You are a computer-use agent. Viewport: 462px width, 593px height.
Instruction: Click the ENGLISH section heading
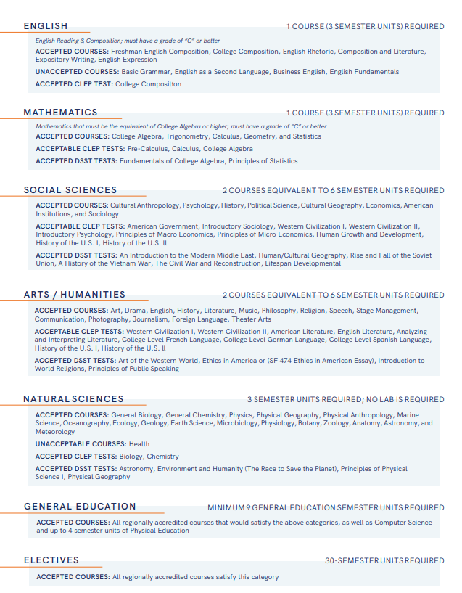[x=46, y=26]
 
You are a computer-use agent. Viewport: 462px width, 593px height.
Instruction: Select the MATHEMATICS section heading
[x=60, y=113]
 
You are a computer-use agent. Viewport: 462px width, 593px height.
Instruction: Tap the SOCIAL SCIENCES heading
[x=70, y=190]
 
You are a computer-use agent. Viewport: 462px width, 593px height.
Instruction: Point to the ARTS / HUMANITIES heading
[x=74, y=295]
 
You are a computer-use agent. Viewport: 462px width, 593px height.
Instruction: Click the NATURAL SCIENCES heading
[x=73, y=399]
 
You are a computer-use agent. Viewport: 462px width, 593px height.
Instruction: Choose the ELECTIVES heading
[x=51, y=560]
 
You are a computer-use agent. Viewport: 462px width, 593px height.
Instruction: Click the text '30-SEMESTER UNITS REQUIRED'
[x=384, y=561]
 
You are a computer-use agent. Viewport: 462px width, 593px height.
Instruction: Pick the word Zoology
[x=336, y=423]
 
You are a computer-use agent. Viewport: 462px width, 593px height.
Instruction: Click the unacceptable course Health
[x=139, y=443]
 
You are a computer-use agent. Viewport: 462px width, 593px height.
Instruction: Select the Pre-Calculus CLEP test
[x=147, y=148]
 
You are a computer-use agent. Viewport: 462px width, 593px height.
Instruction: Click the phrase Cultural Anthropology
[x=144, y=205]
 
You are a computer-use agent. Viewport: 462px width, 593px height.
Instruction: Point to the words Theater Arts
[x=252, y=319]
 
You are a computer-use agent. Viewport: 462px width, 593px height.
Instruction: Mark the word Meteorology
[x=55, y=432]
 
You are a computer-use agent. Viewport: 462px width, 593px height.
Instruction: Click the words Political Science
[x=273, y=205]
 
